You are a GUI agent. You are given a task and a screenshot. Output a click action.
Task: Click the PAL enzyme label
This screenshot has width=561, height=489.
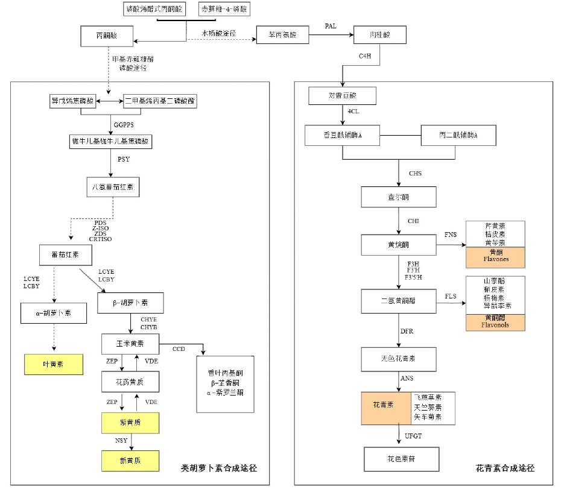[x=331, y=26]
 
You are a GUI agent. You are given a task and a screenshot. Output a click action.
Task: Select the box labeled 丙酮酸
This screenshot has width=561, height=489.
[x=106, y=36]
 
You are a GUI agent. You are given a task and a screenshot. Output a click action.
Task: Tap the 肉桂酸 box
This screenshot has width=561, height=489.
[x=380, y=36]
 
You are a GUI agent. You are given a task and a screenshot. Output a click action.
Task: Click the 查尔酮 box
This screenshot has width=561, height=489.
[x=398, y=197]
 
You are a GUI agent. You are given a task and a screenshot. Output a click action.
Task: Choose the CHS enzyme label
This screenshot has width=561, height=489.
[x=415, y=174]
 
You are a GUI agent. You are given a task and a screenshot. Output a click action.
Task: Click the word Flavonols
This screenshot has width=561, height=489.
[x=496, y=325]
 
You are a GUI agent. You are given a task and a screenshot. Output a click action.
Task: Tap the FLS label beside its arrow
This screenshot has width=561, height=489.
[x=451, y=296]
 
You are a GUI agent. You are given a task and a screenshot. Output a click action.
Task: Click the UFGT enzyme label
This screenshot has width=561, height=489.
[x=414, y=435]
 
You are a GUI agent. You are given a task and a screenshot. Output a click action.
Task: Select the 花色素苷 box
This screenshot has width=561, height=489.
[x=401, y=459]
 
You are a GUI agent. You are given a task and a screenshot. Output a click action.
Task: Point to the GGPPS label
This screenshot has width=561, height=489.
[x=123, y=125]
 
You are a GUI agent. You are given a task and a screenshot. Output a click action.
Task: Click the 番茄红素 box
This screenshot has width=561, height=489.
[x=66, y=255]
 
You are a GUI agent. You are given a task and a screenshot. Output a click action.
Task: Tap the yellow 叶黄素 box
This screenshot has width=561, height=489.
[x=54, y=364]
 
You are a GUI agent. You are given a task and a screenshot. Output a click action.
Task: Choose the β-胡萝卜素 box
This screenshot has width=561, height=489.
[x=130, y=303]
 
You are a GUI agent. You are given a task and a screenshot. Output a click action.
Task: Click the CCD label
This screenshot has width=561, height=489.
[x=179, y=349]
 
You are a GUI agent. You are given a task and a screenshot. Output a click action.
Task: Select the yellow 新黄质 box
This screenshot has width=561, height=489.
[x=130, y=461]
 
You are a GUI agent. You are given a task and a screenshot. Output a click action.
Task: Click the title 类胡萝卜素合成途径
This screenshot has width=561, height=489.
[x=219, y=468]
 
